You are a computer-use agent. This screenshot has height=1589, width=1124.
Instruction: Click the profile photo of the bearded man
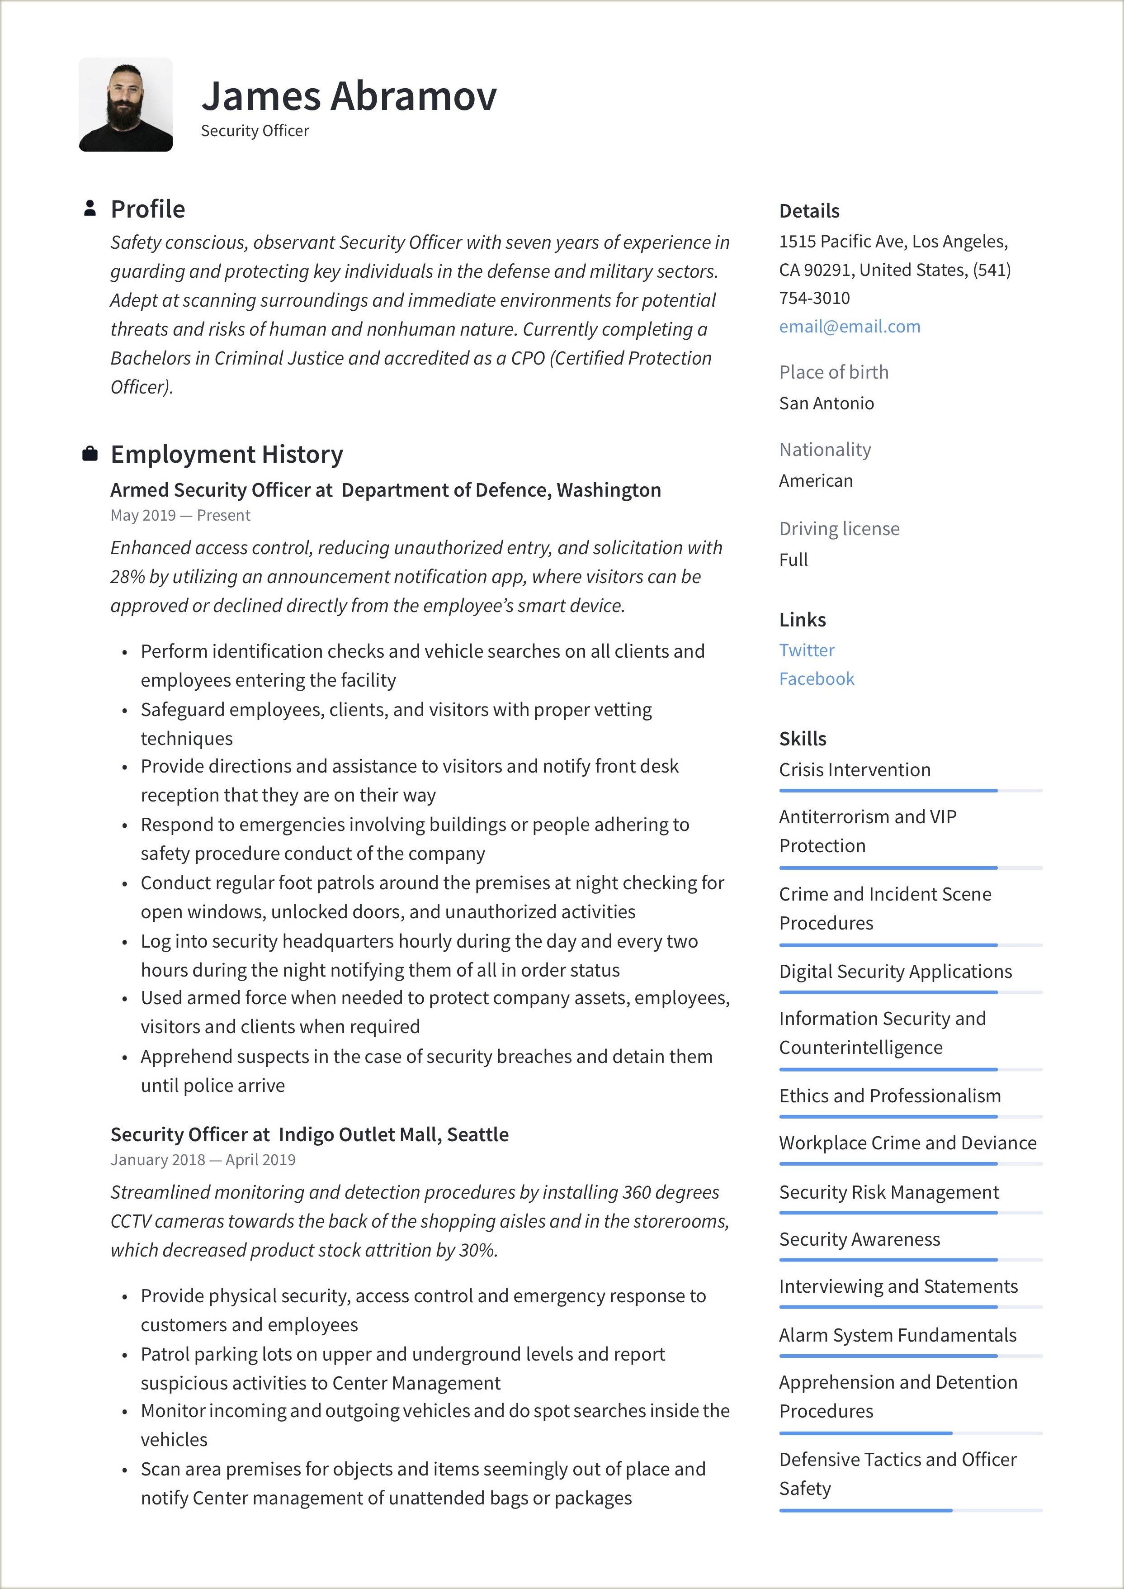pos(125,104)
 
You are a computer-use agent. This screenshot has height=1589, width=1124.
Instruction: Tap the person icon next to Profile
pos(89,209)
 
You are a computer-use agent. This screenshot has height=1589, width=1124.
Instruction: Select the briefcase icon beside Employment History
pos(89,454)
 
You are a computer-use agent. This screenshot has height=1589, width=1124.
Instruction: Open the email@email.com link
pos(849,326)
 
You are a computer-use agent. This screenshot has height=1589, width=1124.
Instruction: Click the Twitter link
pos(806,650)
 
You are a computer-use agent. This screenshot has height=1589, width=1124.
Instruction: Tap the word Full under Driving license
pos(793,560)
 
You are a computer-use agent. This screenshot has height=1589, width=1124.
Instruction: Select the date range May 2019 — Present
pos(180,515)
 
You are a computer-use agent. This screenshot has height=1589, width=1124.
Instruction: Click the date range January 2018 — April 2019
pos(203,1160)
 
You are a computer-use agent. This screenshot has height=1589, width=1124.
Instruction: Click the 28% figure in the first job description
pos(125,577)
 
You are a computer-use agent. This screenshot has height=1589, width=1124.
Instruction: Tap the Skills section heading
pos(802,738)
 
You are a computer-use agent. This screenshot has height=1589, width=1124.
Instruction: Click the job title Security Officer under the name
pos(255,131)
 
